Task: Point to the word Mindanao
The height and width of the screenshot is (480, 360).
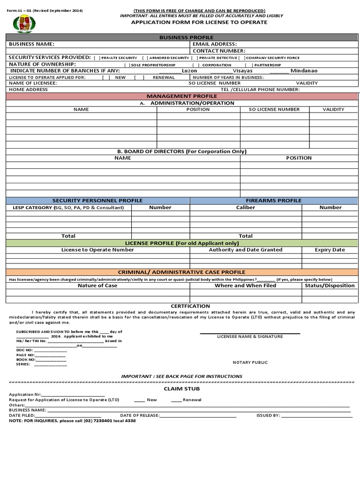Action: click(x=304, y=71)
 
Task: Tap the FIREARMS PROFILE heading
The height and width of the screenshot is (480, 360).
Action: click(x=274, y=200)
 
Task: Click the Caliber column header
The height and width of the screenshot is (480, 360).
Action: click(x=246, y=207)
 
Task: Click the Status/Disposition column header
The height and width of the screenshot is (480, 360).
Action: click(x=330, y=285)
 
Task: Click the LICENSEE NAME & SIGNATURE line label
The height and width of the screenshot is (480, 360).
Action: click(x=250, y=337)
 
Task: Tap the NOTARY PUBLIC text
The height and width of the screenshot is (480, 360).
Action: click(x=250, y=362)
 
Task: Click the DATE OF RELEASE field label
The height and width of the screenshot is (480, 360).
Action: click(x=140, y=415)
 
